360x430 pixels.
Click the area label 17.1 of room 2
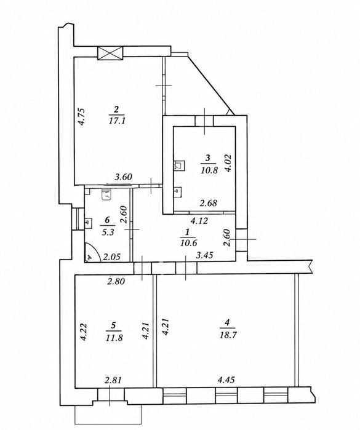click(117, 121)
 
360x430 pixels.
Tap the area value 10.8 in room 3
click(209, 170)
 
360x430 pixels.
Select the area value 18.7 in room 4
click(228, 335)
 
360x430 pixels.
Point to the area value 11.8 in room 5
click(114, 338)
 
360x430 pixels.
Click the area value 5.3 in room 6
click(108, 233)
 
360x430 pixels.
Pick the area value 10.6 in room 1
click(189, 242)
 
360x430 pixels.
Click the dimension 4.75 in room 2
click(82, 117)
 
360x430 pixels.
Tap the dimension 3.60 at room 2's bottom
click(123, 177)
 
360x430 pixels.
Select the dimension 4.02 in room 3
click(228, 163)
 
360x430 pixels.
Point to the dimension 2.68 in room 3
click(209, 203)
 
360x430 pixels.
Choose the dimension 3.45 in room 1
click(204, 255)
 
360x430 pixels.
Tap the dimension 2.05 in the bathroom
click(111, 257)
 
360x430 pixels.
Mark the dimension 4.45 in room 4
click(226, 380)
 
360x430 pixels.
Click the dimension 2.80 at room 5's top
click(116, 281)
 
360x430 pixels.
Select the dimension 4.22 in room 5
click(84, 332)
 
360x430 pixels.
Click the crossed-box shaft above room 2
click(111, 53)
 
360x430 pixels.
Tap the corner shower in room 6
click(92, 253)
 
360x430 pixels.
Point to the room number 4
click(227, 323)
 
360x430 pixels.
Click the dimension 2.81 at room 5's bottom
click(113, 380)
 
